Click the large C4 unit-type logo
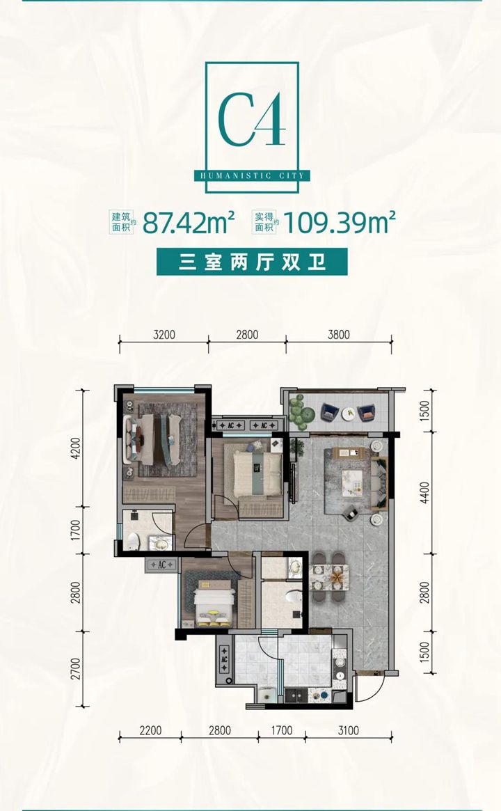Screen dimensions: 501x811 coord(252,120)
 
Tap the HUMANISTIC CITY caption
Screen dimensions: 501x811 coord(253,176)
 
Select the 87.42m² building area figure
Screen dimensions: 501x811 coord(189,222)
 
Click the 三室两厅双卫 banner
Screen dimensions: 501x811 coord(252,262)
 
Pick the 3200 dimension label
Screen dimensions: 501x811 coord(164,335)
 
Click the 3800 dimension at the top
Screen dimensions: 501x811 coord(339,335)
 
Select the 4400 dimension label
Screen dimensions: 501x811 coord(424,493)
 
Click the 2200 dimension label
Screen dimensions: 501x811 coord(150,730)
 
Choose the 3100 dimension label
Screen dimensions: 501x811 coord(348,730)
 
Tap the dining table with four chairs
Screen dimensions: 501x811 coord(329,577)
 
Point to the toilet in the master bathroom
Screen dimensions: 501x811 coord(132,540)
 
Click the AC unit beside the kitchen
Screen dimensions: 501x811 coord(224,660)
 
